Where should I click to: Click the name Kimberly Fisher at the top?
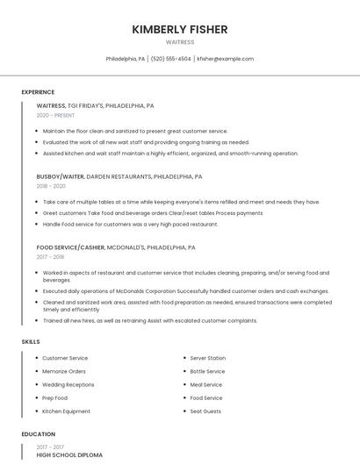[180, 29]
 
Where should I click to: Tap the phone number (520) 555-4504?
[170, 59]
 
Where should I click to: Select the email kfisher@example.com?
[226, 59]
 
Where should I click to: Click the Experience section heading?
[38, 92]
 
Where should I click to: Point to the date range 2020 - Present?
[56, 115]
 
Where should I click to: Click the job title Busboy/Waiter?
[61, 176]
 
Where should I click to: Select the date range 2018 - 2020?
[51, 186]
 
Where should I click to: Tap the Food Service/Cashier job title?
[70, 247]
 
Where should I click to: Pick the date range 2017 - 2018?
[50, 257]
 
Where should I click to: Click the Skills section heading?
[30, 341]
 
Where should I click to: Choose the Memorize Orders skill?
[64, 371]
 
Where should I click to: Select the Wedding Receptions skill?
[68, 384]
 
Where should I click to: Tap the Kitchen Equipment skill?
[66, 411]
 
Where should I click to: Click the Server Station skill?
[208, 358]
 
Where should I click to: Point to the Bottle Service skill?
[207, 371]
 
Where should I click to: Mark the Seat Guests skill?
[205, 411]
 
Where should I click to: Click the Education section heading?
[38, 434]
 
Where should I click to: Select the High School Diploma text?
[69, 455]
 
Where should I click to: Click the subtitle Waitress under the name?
[180, 42]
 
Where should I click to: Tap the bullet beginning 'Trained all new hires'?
[149, 320]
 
